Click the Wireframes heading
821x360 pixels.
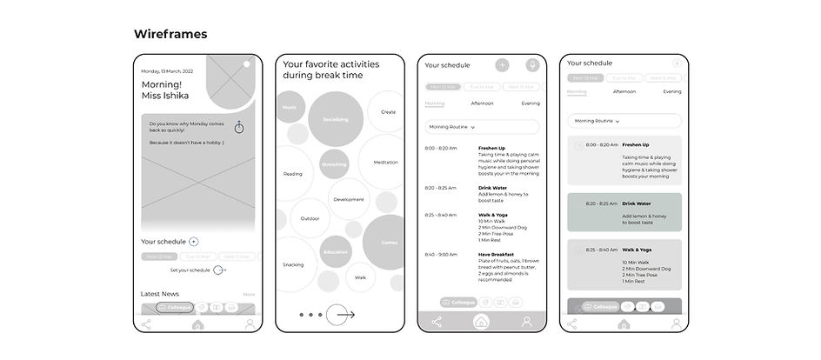[x=170, y=34]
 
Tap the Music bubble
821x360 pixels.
[x=290, y=107]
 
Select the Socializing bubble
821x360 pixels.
[x=335, y=118]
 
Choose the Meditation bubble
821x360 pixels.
[x=385, y=162]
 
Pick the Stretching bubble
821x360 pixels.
[x=334, y=163]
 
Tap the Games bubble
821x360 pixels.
[x=389, y=243]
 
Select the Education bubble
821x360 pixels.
[x=335, y=251]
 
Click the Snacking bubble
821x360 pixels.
[x=293, y=264]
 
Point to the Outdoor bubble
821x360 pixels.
[x=310, y=218]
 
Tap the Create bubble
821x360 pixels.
[x=388, y=111]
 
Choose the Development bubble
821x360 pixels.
[x=349, y=199]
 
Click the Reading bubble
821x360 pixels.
[x=293, y=174]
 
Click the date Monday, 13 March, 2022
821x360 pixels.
[x=168, y=70]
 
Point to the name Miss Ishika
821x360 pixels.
[x=164, y=96]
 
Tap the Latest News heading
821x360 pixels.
[x=160, y=294]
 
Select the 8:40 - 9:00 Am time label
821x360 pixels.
[x=441, y=255]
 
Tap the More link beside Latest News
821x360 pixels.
[x=249, y=295]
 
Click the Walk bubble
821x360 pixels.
[x=360, y=277]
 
